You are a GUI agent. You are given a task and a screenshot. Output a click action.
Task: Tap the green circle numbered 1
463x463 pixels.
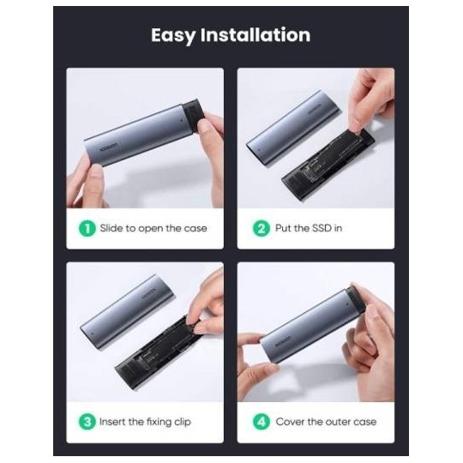point(86,228)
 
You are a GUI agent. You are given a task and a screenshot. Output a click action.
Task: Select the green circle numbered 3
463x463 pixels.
point(86,422)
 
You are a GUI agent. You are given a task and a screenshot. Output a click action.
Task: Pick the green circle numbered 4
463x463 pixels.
point(261,422)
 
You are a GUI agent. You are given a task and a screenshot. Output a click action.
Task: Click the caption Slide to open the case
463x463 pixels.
point(153,228)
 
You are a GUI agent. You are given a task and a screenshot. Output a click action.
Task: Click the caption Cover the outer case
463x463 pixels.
point(326,422)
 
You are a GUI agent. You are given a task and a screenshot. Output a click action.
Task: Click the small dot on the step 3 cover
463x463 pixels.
point(92,327)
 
